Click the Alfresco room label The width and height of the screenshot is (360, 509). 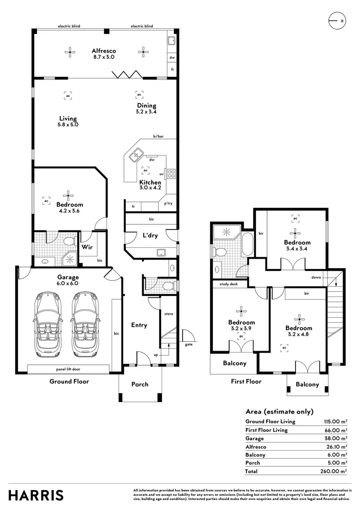point(104,50)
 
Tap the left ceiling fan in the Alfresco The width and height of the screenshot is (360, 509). point(70,52)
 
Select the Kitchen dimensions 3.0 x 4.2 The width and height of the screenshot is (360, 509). point(150,188)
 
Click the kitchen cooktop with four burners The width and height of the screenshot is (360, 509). point(171,173)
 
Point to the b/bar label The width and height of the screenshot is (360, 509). point(158,136)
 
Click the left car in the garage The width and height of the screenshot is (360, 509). point(48,324)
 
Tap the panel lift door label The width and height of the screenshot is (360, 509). point(68,369)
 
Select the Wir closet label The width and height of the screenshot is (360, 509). point(87,247)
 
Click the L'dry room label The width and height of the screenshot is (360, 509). point(150,235)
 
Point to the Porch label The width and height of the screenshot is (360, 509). point(140,385)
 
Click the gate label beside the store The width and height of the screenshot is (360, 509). point(188,345)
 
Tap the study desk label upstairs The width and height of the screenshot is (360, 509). point(229,284)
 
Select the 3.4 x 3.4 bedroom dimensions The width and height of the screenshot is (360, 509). point(297,249)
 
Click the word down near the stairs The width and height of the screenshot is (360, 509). point(316,277)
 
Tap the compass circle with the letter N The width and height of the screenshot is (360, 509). point(337,21)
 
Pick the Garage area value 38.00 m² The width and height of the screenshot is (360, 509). point(335,439)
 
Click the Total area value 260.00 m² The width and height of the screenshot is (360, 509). point(334,471)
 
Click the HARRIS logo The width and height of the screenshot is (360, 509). point(36,495)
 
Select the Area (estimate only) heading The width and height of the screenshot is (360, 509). point(279,411)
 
